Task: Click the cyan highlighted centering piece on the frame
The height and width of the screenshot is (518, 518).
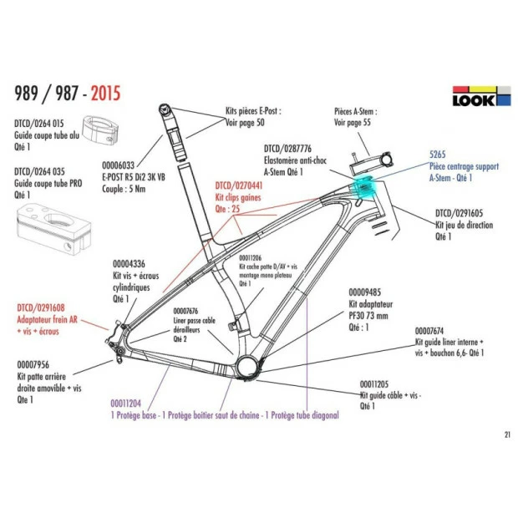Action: (365, 185)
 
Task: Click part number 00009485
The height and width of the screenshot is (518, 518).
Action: (365, 292)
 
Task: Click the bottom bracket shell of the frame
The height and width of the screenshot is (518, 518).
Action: (247, 365)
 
